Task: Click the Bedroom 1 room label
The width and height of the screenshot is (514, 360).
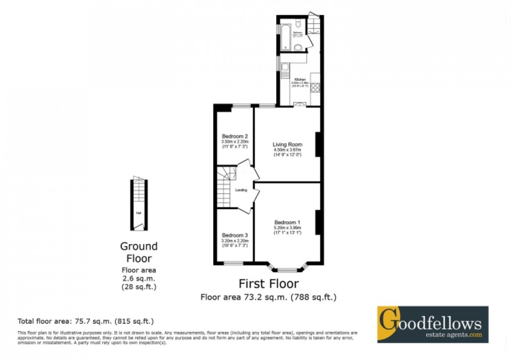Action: pos(287,222)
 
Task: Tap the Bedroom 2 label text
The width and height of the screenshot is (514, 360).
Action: pos(235,136)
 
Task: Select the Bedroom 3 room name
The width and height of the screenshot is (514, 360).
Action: pos(235,235)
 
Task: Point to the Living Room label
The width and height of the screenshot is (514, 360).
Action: pos(287,144)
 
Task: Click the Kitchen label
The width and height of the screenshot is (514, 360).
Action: pos(300,80)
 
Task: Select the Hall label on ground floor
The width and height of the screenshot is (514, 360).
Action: pos(138,213)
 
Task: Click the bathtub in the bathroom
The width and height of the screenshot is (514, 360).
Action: pos(285,35)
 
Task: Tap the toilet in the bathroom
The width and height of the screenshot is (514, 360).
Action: pos(299,23)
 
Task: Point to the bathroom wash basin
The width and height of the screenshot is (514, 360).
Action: pos(298,48)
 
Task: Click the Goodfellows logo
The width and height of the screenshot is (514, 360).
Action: pos(433,324)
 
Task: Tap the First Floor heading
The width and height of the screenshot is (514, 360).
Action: pos(268,284)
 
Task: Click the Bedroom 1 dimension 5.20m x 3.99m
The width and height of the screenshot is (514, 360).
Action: pos(287,227)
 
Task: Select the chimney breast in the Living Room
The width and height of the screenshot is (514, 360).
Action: pos(318,144)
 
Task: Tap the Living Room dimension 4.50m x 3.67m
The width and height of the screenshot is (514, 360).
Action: pos(287,150)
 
